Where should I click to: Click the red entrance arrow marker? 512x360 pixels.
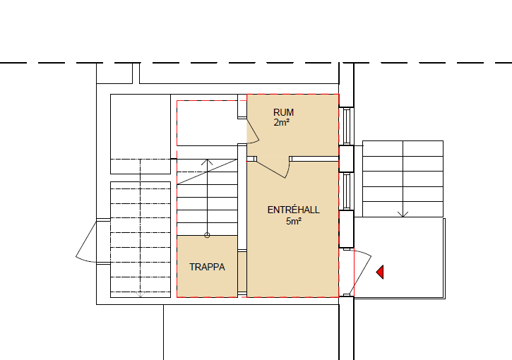(381, 272)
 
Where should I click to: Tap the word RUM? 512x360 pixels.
(283, 112)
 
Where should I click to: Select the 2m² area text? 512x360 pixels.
(282, 123)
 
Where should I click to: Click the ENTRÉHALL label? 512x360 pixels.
(293, 210)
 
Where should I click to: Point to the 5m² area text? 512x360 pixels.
(294, 221)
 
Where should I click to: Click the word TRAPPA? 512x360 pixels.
(207, 267)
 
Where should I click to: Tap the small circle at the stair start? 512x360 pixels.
(207, 235)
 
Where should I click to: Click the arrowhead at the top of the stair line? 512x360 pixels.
(207, 162)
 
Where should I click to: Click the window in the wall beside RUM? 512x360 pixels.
(347, 126)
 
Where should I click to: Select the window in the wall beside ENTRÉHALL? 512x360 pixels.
(347, 191)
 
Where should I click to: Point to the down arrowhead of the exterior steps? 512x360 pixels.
(403, 214)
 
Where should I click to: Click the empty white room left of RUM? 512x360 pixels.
(207, 123)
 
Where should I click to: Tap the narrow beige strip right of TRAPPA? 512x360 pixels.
(242, 272)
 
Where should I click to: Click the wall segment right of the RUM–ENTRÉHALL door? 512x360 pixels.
(314, 159)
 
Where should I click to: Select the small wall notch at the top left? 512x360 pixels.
(136, 73)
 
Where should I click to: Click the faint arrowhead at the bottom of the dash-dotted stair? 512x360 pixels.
(140, 295)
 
